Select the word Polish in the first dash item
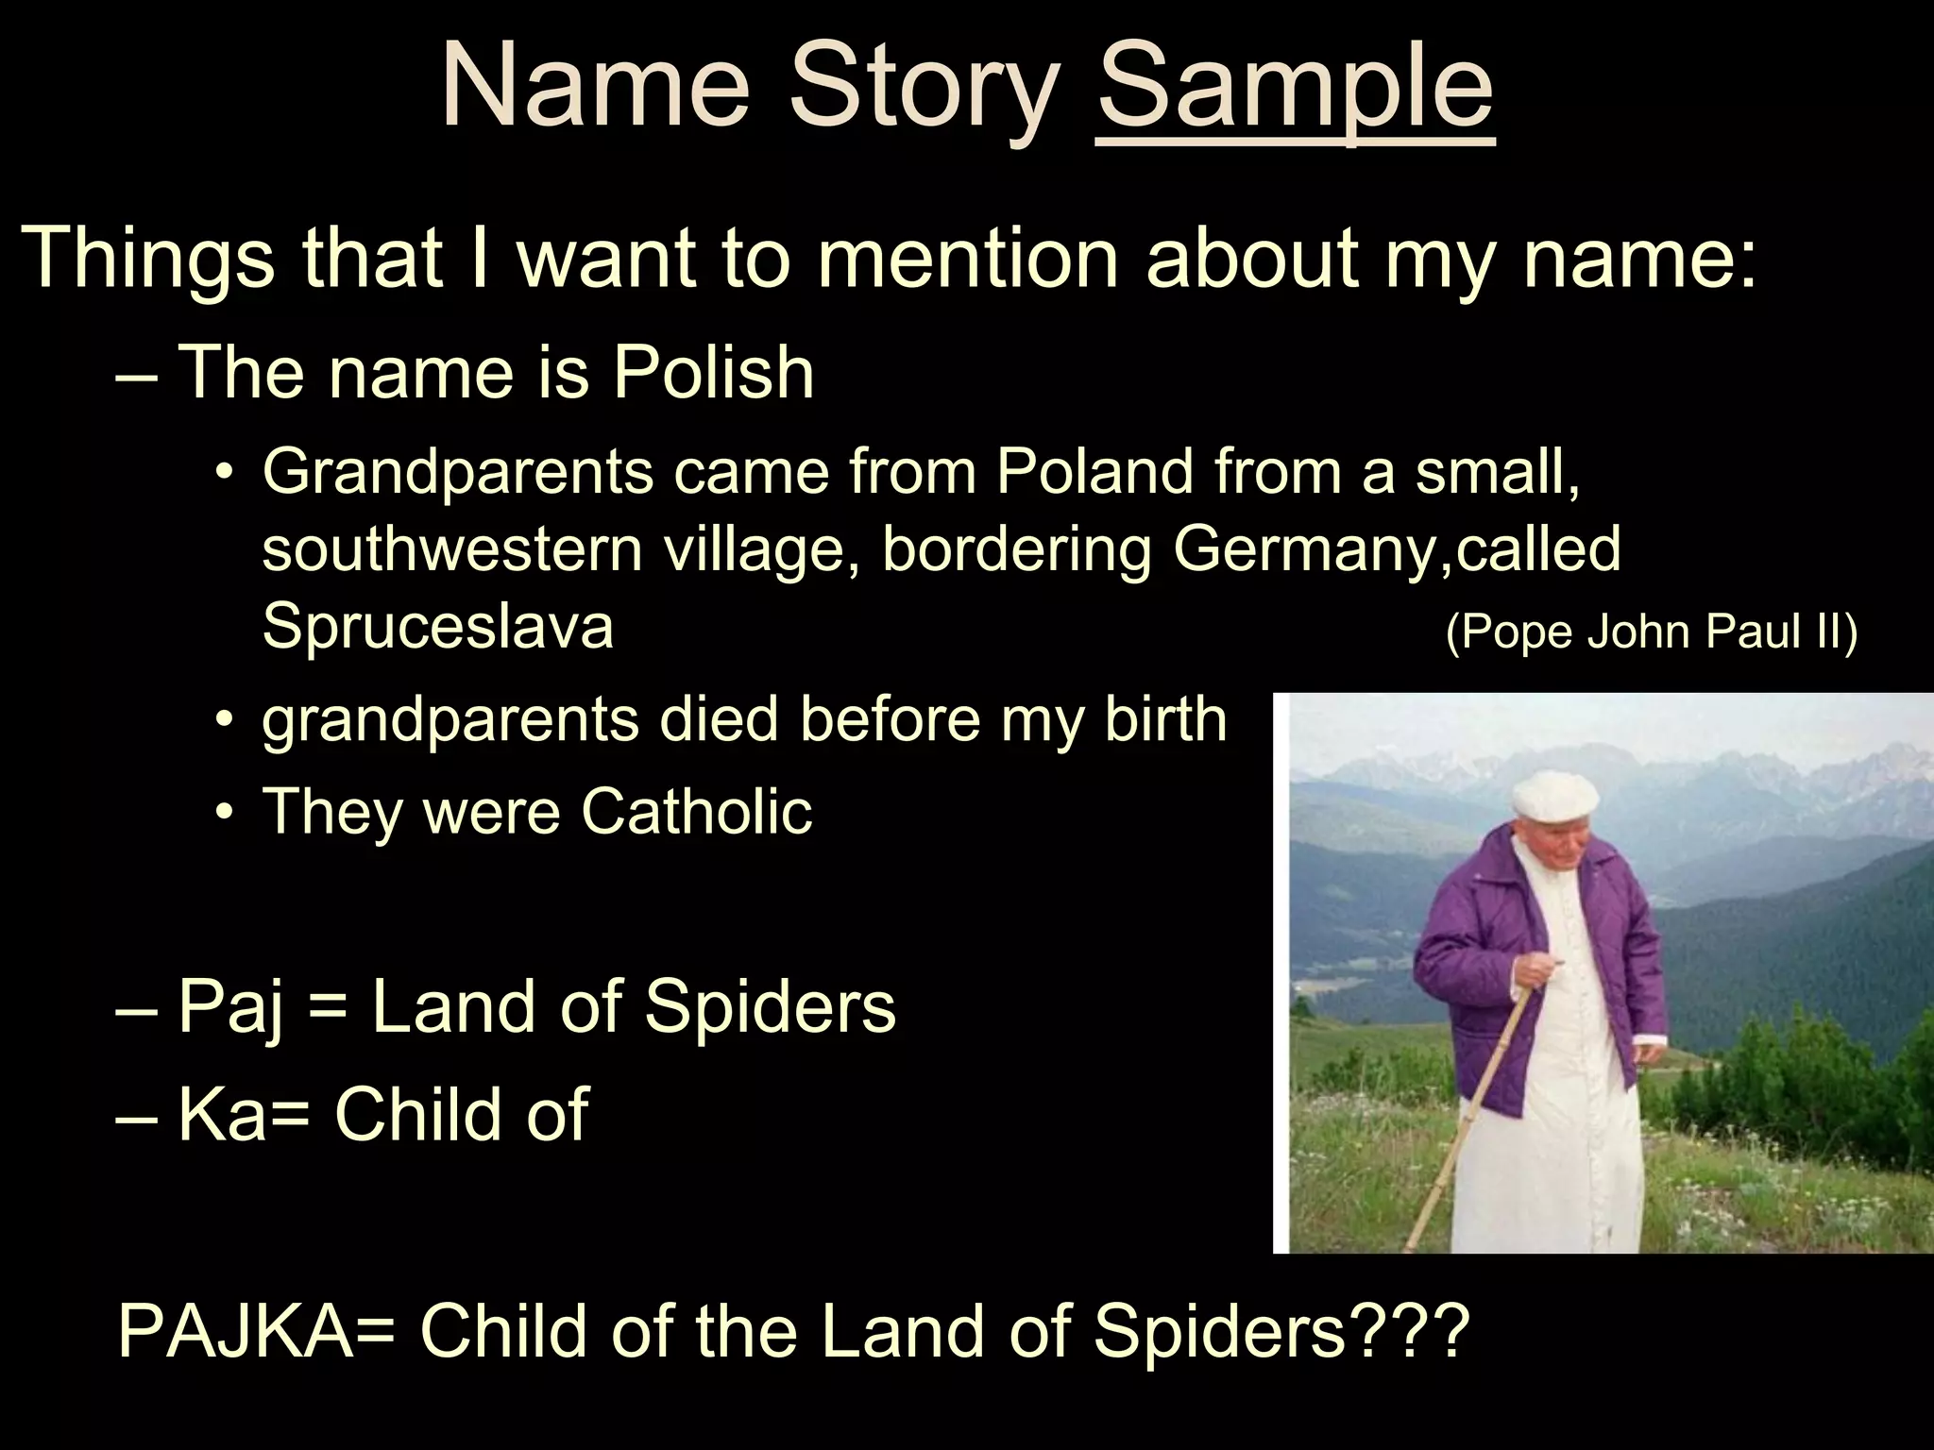713,373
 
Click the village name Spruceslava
438,626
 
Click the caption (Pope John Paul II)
1652,631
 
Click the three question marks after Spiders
1409,1330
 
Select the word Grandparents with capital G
458,471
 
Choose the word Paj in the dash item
231,1007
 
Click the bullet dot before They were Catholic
223,813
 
